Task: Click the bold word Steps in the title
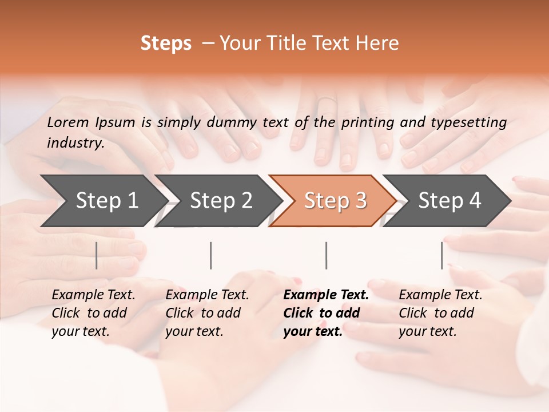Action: click(166, 43)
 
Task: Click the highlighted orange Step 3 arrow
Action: click(335, 200)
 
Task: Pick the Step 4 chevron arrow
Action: click(449, 200)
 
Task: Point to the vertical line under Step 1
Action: click(97, 255)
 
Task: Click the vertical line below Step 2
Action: click(211, 255)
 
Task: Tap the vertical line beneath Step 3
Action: click(327, 255)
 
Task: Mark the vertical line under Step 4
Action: click(442, 255)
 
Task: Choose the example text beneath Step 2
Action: click(206, 313)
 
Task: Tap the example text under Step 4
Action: click(440, 313)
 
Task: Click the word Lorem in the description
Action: click(68, 122)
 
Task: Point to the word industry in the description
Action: click(75, 143)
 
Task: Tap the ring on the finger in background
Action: click(327, 101)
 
